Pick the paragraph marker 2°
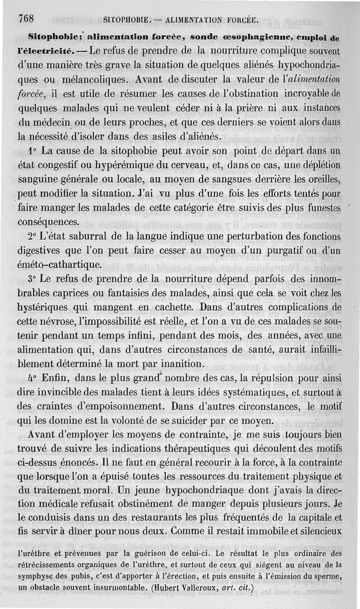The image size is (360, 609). coord(33,236)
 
